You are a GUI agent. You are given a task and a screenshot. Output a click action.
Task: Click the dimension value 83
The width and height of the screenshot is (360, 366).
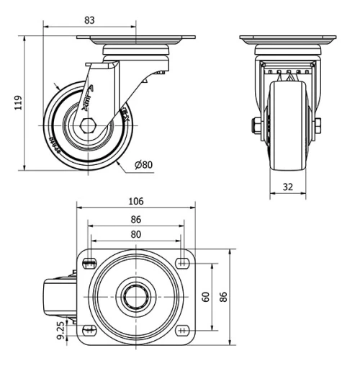(x=89, y=20)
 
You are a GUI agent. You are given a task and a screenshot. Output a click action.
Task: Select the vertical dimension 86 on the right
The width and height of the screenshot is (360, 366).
(x=224, y=296)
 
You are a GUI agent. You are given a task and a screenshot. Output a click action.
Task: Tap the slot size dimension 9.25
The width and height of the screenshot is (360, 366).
(x=63, y=330)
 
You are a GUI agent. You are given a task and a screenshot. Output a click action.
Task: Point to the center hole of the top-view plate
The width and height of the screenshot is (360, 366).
(x=135, y=296)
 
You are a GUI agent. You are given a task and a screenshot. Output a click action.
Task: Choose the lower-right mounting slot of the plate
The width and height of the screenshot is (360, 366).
(x=181, y=330)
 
